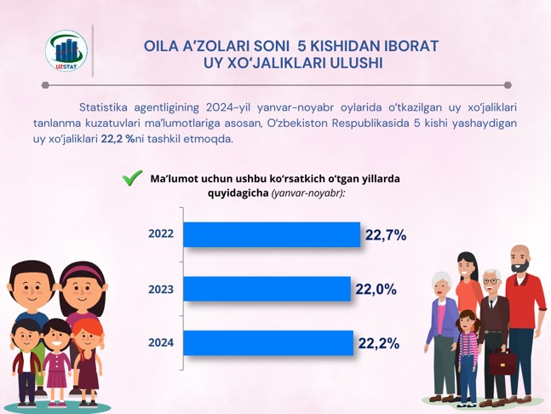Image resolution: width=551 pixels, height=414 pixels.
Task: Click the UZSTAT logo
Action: point(66,50)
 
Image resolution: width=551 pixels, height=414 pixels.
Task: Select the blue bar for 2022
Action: point(272,234)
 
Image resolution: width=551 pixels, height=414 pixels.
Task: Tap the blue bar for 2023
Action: point(267,289)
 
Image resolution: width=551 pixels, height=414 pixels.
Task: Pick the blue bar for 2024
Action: point(268,343)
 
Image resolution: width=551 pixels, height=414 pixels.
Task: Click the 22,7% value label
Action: point(386,235)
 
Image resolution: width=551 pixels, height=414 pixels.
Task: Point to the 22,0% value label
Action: point(376,290)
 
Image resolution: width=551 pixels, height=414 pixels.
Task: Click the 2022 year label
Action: point(161,233)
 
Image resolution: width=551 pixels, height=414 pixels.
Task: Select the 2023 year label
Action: point(161,290)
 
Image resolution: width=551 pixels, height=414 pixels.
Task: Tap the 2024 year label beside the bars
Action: point(161,342)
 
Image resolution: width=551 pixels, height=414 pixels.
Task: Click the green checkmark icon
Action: point(133,178)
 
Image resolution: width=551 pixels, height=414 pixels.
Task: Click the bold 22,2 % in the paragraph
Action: point(118,139)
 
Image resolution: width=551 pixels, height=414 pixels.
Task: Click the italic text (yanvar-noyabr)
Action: point(308,193)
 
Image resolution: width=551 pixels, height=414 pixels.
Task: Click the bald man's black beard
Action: point(520,265)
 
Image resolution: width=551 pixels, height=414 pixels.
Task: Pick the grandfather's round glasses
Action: point(491,281)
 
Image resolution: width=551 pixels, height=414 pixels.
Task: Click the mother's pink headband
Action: point(82,273)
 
